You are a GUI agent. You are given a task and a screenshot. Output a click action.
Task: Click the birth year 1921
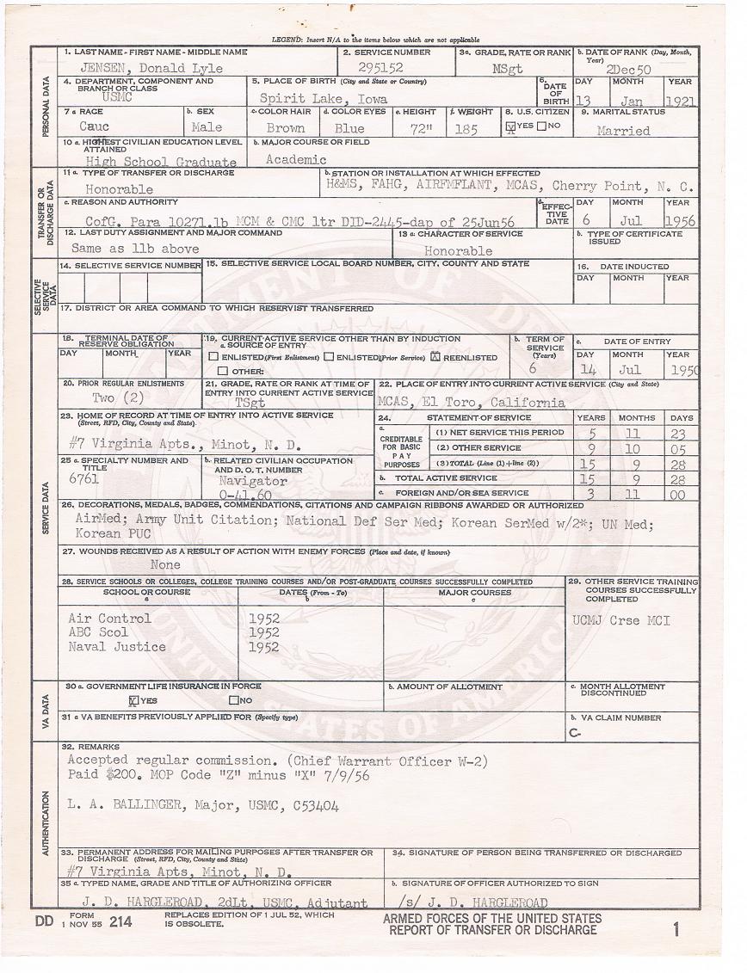point(680,100)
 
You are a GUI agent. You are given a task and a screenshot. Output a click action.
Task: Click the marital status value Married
point(623,131)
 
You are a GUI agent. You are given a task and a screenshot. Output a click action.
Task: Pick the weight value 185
point(466,128)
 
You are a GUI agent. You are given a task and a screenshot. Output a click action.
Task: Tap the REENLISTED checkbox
point(435,356)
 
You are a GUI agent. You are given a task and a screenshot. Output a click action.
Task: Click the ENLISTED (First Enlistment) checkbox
point(213,356)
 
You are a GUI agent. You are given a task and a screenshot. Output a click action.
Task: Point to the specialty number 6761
point(84,479)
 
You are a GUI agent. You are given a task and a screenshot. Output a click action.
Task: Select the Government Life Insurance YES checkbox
point(133,699)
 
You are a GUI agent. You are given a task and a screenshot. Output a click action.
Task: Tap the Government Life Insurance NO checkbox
point(233,699)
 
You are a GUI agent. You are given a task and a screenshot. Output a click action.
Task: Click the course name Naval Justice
point(117,646)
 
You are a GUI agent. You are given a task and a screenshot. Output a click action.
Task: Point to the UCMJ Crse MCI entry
point(620,620)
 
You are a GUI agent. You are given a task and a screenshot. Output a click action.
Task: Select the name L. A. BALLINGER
point(125,805)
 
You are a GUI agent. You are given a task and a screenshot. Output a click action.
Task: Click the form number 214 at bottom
point(121,921)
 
